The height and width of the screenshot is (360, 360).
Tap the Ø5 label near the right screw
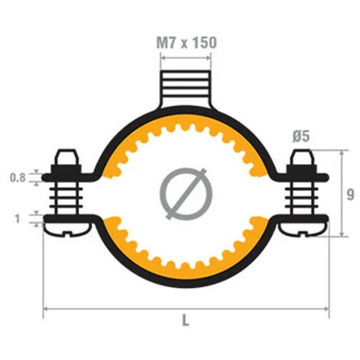(300, 136)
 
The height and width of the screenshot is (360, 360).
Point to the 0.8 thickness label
(18, 178)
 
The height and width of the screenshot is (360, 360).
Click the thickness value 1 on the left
(18, 218)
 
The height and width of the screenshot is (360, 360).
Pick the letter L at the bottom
(185, 321)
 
